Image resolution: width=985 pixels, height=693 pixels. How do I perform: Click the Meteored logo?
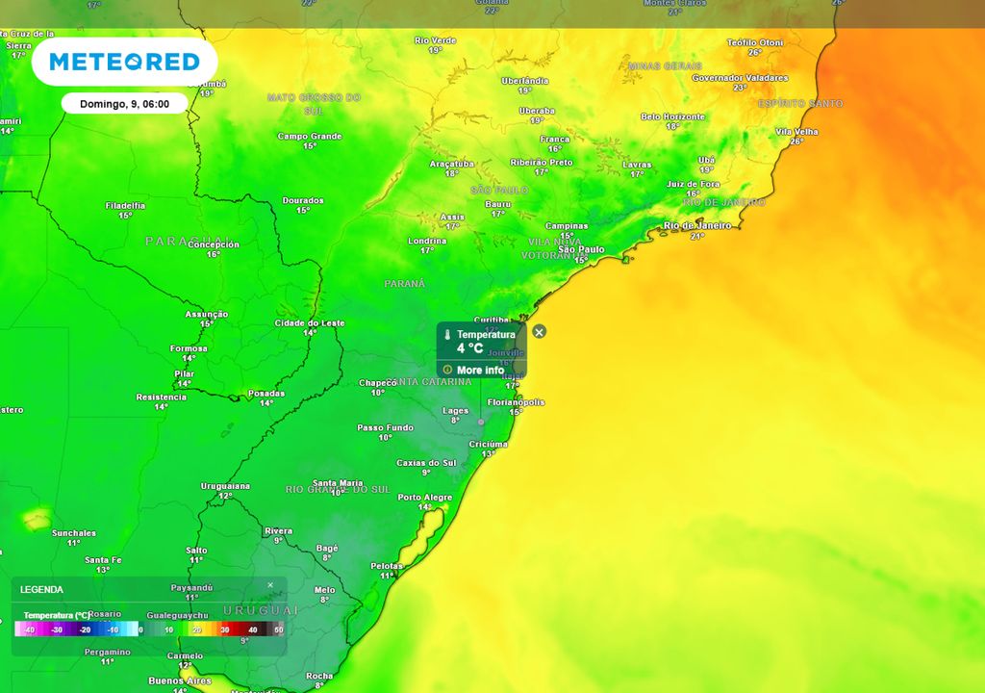pyautogui.click(x=124, y=63)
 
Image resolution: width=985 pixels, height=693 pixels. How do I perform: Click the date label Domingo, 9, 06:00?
pyautogui.click(x=124, y=103)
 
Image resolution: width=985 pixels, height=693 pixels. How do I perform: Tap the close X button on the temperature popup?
pyautogui.click(x=540, y=332)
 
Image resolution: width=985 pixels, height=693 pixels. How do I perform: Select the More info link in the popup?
pyautogui.click(x=480, y=370)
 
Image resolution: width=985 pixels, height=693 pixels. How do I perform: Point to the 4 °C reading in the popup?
pyautogui.click(x=470, y=348)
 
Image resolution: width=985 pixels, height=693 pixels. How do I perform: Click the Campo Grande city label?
pyautogui.click(x=310, y=137)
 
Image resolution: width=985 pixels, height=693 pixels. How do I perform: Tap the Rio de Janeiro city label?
pyautogui.click(x=697, y=225)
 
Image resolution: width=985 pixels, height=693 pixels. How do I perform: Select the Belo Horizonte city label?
pyautogui.click(x=673, y=116)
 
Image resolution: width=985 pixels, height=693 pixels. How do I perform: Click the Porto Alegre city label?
pyautogui.click(x=425, y=498)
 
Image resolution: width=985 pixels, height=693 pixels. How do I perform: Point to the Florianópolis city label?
pyautogui.click(x=517, y=402)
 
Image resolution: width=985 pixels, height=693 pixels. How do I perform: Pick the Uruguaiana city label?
pyautogui.click(x=225, y=486)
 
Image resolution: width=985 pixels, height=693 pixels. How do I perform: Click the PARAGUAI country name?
pyautogui.click(x=188, y=240)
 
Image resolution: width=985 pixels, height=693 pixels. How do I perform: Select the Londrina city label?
pyautogui.click(x=427, y=240)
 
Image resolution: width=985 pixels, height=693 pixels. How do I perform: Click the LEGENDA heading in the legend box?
pyautogui.click(x=41, y=589)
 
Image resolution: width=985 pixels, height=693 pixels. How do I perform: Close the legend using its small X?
pyautogui.click(x=270, y=585)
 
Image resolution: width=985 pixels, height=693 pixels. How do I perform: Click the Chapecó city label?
pyautogui.click(x=378, y=382)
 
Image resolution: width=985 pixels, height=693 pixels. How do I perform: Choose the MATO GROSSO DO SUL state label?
pyautogui.click(x=314, y=103)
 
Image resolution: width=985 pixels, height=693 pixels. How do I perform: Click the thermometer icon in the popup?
pyautogui.click(x=448, y=335)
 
